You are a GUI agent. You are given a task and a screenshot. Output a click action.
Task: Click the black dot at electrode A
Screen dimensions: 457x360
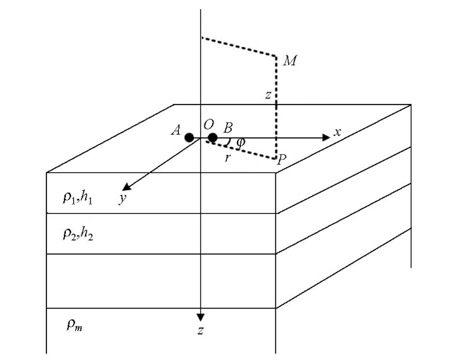tap(189, 137)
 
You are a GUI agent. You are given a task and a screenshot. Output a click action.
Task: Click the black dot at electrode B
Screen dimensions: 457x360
tap(213, 137)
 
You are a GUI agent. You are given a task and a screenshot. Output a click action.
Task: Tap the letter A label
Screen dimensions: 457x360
tap(176, 130)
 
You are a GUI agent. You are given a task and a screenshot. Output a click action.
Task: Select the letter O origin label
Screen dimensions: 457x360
tap(208, 125)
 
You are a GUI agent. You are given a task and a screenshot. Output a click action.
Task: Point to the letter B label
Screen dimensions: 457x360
tap(228, 128)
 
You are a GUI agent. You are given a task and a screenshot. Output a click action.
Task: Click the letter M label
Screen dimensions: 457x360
tap(290, 61)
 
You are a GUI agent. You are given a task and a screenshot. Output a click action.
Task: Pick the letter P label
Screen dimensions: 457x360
tap(281, 159)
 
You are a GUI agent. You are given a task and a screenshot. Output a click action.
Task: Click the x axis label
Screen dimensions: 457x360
tap(338, 133)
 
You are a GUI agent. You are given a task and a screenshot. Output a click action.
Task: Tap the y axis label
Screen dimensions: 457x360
tap(123, 198)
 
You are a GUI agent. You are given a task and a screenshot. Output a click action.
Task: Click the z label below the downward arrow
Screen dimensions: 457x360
tap(200, 331)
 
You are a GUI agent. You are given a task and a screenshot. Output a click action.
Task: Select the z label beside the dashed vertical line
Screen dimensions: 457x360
tap(268, 95)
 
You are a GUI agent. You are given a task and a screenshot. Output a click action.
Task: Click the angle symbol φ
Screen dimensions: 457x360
tap(241, 142)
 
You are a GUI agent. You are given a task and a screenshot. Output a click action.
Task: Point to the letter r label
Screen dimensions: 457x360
tap(228, 158)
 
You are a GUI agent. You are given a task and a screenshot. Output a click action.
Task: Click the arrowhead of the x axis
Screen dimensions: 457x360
tap(326, 137)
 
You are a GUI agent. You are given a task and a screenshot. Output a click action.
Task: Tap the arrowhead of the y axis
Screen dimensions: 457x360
tap(127, 187)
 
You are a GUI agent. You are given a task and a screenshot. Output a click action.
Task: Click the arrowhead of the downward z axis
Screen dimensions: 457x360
tap(200, 318)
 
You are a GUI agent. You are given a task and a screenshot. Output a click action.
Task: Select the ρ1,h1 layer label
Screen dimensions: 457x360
tap(78, 198)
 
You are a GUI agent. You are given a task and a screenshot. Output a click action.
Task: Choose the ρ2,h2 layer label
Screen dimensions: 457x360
tap(78, 234)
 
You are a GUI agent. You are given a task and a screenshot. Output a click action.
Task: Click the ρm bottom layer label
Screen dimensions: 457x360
tap(74, 325)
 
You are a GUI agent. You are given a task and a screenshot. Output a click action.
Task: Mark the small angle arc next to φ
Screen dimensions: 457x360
tap(229, 142)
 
